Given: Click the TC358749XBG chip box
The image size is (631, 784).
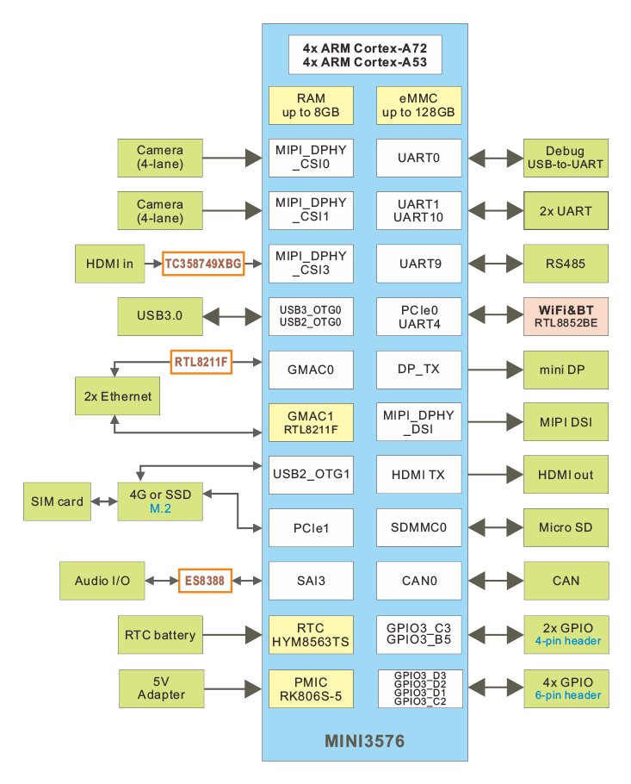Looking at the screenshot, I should (x=203, y=263).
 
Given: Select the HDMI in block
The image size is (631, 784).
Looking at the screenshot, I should (x=109, y=264).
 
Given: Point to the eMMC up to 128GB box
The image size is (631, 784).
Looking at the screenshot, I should (x=418, y=106).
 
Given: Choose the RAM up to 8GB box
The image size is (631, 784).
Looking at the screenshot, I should (x=311, y=106).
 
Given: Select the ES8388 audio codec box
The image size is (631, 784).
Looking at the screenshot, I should (x=204, y=581).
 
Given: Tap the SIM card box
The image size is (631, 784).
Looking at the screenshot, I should (x=58, y=501).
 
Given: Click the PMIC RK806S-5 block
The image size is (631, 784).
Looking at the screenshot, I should (x=311, y=690).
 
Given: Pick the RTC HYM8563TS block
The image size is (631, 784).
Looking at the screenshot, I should (x=311, y=636).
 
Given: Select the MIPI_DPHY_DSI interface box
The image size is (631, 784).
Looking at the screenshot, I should (x=418, y=422).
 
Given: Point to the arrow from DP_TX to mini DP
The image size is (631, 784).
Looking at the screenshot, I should (x=493, y=369).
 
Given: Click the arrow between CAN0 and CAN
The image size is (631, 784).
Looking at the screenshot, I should (x=493, y=581).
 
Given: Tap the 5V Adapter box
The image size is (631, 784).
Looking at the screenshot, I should (x=161, y=688).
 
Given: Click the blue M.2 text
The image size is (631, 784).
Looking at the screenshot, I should (x=161, y=509).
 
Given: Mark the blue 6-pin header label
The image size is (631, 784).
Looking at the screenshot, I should (x=567, y=695).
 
